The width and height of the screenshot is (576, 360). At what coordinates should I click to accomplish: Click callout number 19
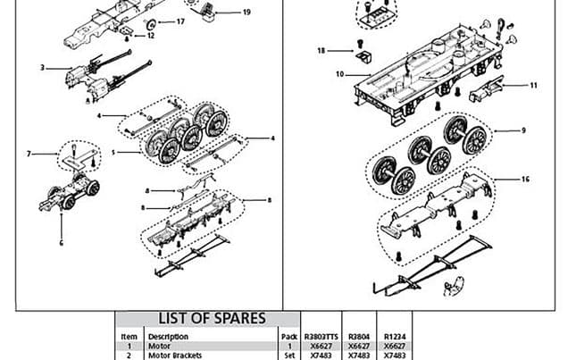(246, 13)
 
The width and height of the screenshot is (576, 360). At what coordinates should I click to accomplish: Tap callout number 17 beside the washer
(180, 21)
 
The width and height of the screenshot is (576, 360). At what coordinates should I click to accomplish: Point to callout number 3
(43, 68)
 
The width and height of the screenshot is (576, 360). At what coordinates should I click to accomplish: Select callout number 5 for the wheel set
(113, 153)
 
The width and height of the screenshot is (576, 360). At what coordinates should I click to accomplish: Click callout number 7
(29, 154)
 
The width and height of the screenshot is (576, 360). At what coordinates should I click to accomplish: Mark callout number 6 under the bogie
(62, 241)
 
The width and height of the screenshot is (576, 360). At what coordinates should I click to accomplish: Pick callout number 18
(322, 51)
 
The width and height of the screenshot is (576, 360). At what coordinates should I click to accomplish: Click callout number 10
(340, 74)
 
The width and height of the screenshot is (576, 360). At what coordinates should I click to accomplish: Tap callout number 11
(534, 86)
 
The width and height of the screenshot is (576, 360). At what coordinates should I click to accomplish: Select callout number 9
(523, 131)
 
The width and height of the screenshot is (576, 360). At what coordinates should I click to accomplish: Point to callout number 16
(525, 180)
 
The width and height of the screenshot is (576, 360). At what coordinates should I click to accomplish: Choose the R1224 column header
(394, 337)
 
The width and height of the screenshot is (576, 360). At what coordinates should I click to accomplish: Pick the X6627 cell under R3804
(358, 347)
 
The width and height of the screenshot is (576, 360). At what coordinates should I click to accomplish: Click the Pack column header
(289, 337)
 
